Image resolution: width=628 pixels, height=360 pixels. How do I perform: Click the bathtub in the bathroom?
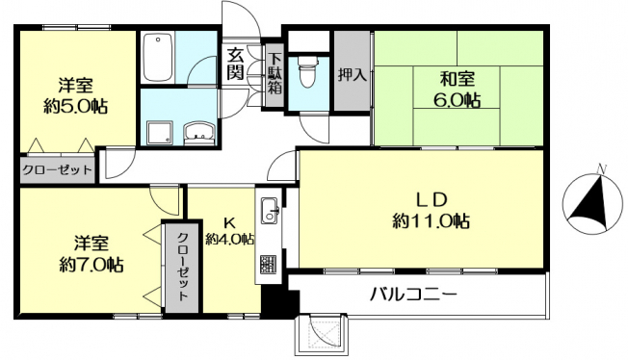(157, 57)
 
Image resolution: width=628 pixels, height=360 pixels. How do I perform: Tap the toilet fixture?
(308, 72)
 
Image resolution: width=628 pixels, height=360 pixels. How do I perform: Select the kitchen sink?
(270, 211)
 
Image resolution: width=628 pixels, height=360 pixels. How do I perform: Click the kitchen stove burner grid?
(269, 265)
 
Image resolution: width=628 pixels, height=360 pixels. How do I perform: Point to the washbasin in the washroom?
(199, 134)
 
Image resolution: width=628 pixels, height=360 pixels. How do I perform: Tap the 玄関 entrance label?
(235, 64)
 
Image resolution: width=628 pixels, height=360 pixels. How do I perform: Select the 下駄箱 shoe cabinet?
(275, 74)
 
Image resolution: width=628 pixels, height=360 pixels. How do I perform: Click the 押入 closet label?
(353, 75)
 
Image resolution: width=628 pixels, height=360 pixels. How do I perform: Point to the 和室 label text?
(458, 79)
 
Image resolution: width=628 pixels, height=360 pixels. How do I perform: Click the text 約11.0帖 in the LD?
(431, 220)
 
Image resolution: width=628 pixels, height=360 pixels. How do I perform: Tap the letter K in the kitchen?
(228, 221)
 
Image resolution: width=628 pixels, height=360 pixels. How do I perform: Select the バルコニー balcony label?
(413, 296)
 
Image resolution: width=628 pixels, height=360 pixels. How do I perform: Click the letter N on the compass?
(600, 169)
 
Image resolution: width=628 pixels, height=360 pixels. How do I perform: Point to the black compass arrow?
(589, 204)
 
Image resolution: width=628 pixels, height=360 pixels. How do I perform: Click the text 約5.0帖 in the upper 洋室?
(75, 106)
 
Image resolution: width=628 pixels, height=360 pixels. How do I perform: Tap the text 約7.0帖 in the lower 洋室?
(92, 264)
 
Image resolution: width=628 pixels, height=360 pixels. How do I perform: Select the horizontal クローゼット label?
(57, 170)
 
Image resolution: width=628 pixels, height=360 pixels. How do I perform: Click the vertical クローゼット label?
(183, 267)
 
